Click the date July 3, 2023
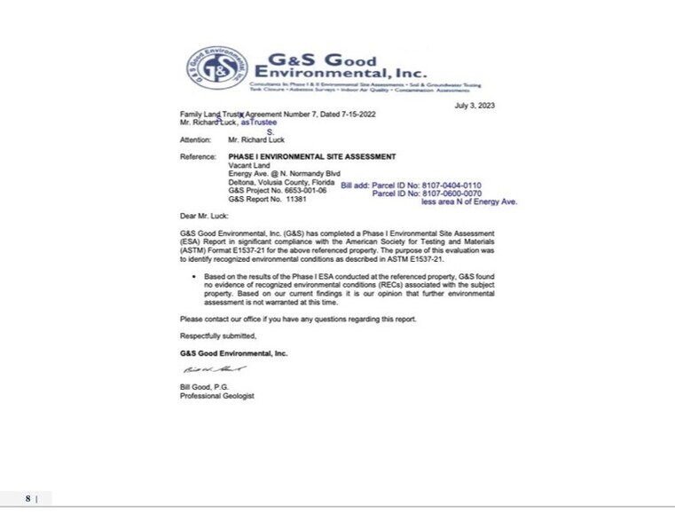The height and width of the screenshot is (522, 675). click(475, 106)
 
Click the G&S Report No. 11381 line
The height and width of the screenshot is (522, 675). click(267, 200)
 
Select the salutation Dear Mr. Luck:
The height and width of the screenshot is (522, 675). click(203, 216)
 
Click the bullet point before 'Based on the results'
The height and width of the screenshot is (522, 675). click(195, 277)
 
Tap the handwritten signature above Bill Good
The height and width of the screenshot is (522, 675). click(214, 368)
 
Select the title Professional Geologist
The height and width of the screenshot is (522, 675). click(216, 396)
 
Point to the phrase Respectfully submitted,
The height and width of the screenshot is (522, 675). click(218, 336)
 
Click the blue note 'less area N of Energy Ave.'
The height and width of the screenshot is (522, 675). click(469, 202)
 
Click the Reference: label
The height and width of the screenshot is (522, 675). click(198, 156)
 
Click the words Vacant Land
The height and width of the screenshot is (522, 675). click(248, 165)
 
